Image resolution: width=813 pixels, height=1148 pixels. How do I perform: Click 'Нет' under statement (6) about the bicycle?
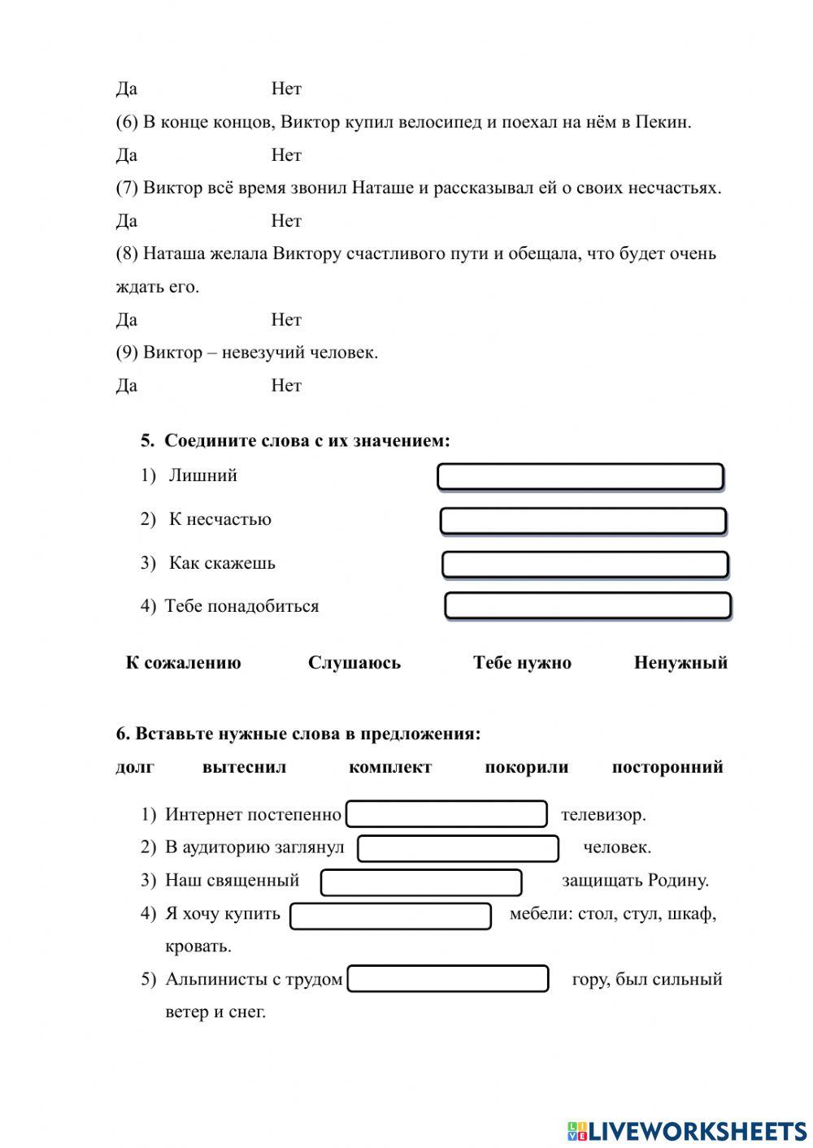[286, 155]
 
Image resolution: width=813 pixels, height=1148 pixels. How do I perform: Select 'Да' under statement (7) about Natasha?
[127, 221]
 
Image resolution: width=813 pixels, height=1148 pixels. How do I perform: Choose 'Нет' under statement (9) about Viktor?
[286, 386]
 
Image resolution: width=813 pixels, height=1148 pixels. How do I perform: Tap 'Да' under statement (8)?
[127, 320]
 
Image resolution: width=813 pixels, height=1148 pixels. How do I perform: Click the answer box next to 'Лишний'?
[580, 477]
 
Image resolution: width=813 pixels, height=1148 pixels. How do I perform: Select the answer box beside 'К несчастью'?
[583, 521]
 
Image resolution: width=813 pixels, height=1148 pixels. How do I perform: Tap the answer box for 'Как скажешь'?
[585, 565]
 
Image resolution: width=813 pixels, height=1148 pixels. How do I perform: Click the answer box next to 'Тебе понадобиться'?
[588, 606]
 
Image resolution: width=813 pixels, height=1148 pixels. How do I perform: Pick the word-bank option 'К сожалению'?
[183, 663]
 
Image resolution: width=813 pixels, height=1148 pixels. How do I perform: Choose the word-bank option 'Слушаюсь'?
[354, 663]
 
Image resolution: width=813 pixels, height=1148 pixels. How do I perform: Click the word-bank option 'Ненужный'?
[680, 663]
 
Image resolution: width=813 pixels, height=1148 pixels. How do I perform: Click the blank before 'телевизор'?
[446, 814]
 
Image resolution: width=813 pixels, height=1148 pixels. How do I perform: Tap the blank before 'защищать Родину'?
[421, 882]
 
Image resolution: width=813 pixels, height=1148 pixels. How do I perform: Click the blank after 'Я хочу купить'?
[391, 916]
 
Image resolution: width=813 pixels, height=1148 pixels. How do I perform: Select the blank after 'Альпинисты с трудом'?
[448, 979]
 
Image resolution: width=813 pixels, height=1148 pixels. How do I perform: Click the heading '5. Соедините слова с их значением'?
[295, 441]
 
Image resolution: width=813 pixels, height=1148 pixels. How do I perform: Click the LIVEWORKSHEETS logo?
[687, 1130]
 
